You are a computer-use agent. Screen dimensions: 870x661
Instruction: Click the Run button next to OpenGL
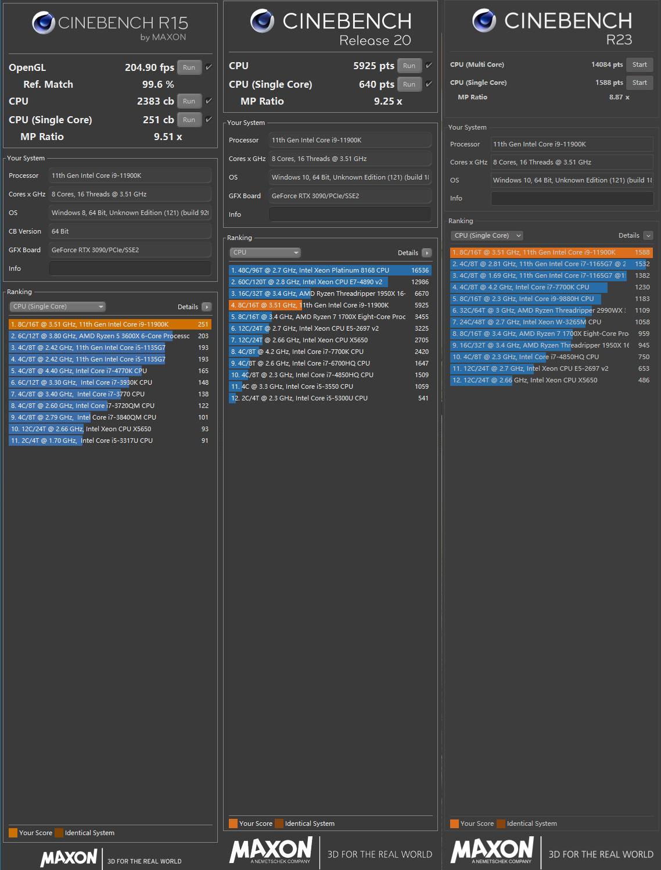click(189, 67)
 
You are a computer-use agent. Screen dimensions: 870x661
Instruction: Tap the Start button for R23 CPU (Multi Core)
click(639, 65)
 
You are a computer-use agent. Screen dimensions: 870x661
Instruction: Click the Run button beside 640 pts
click(409, 84)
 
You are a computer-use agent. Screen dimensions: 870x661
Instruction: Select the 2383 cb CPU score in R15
click(155, 101)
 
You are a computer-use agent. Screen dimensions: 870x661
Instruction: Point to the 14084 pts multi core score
click(606, 65)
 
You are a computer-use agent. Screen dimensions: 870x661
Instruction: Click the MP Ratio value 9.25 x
click(387, 101)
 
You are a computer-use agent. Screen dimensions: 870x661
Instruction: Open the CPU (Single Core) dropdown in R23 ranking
click(487, 235)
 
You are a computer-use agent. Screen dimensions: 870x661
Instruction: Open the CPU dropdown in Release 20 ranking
click(265, 252)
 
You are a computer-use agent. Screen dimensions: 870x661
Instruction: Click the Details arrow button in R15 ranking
click(207, 307)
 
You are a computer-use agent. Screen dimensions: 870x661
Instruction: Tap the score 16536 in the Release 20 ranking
click(419, 270)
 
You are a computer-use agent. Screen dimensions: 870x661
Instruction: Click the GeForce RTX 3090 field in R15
click(130, 250)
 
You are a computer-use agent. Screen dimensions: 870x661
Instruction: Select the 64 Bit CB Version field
click(130, 231)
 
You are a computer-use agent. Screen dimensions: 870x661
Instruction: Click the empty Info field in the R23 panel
click(572, 198)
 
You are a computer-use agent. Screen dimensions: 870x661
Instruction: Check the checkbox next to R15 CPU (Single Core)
click(209, 119)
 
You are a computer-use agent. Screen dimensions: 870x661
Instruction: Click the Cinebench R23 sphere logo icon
click(484, 21)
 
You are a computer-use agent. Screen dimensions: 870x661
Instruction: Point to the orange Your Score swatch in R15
click(13, 833)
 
